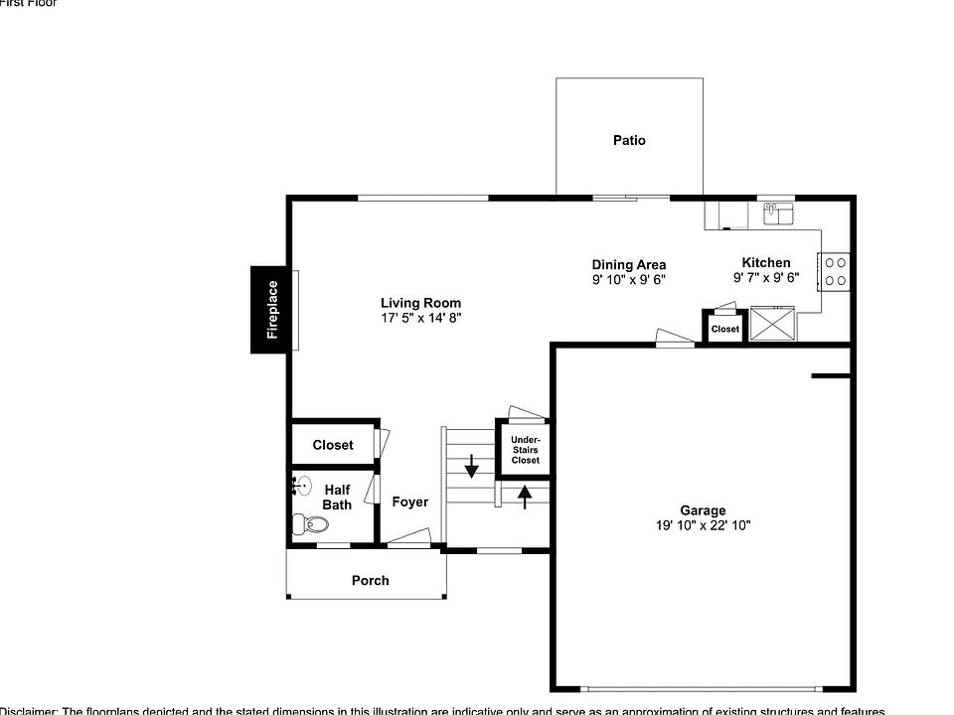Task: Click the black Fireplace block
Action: pyautogui.click(x=270, y=310)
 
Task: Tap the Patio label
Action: pyautogui.click(x=629, y=141)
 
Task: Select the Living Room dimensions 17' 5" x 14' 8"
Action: pyautogui.click(x=420, y=318)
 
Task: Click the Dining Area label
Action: pyautogui.click(x=629, y=265)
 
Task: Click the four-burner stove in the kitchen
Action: pyautogui.click(x=835, y=272)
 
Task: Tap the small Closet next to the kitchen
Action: pyautogui.click(x=725, y=329)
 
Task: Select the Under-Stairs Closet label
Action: pyautogui.click(x=525, y=450)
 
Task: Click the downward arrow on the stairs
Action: pyautogui.click(x=471, y=464)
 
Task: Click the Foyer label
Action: pyautogui.click(x=409, y=502)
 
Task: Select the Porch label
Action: pyautogui.click(x=371, y=581)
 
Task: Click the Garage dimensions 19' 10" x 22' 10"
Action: pyautogui.click(x=703, y=525)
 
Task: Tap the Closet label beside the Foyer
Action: pyautogui.click(x=333, y=446)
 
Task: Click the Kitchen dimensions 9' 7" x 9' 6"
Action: pyautogui.click(x=766, y=278)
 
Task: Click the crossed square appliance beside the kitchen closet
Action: pyautogui.click(x=772, y=324)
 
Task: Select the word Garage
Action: pyautogui.click(x=703, y=510)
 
